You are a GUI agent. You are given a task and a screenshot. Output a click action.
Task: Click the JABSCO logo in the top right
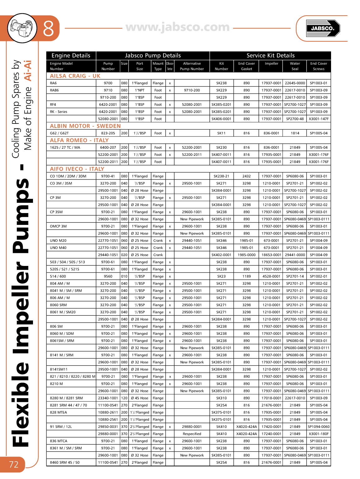click(323, 28)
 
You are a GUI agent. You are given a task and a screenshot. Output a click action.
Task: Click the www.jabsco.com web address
click(178, 27)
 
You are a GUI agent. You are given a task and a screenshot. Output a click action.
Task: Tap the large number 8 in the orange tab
click(49, 29)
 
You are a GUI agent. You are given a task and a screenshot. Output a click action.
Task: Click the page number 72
click(14, 464)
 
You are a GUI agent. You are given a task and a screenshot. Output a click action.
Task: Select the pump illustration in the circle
click(22, 28)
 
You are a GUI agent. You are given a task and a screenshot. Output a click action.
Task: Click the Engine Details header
click(71, 56)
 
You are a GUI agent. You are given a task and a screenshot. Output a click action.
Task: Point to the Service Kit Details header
click(270, 56)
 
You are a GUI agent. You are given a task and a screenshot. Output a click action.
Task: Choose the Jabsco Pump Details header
click(153, 56)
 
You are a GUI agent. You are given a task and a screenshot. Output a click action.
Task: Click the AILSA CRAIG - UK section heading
click(75, 76)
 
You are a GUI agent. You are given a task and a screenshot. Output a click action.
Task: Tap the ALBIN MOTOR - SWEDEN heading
click(85, 126)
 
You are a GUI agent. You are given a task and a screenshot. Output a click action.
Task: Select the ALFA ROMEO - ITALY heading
click(79, 140)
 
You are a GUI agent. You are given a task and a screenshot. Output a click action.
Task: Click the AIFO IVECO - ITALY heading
click(77, 169)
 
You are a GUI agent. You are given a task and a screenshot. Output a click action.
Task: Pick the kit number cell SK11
click(221, 133)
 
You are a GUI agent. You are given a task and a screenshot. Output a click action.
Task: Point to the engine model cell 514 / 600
click(58, 276)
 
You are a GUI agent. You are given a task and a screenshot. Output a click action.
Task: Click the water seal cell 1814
click(295, 133)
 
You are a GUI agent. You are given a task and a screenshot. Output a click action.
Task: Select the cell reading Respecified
click(192, 434)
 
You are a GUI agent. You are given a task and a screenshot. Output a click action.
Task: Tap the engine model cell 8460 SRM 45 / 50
click(65, 463)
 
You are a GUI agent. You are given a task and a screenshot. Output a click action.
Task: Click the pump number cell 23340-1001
click(108, 398)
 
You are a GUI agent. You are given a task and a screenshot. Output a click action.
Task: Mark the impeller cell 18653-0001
click(271, 255)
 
